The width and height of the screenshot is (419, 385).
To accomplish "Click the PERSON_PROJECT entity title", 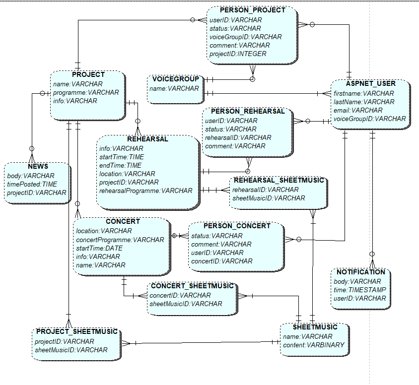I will [x=252, y=10].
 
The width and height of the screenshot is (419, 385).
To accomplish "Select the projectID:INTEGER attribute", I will [x=237, y=54].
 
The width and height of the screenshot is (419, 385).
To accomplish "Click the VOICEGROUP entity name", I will [x=175, y=79].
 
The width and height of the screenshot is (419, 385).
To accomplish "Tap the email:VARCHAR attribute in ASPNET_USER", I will [x=357, y=110].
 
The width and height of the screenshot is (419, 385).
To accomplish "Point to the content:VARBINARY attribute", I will [x=313, y=345].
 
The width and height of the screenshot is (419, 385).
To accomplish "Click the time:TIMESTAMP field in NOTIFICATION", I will [x=360, y=290].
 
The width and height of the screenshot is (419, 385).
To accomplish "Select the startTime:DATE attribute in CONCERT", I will [x=99, y=248].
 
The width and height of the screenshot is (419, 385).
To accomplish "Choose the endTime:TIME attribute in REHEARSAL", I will [x=121, y=165].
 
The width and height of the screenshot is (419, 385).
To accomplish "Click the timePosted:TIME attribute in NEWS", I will [x=32, y=184].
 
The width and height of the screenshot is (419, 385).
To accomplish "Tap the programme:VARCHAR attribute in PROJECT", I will [x=86, y=92].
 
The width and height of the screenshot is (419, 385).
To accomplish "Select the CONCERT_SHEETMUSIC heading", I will [x=192, y=286].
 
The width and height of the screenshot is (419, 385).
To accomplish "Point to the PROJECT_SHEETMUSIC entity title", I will [x=76, y=331].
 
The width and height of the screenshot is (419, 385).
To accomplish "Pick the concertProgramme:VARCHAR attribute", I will [x=120, y=240].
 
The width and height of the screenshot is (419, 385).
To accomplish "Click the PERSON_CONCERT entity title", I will [x=237, y=226].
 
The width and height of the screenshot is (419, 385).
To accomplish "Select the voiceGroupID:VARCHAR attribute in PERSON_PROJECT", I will [x=245, y=37].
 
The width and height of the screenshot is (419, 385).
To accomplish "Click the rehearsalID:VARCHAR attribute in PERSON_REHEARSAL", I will [x=238, y=137].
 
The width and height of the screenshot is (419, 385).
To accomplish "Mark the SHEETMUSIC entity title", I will [x=315, y=327].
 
